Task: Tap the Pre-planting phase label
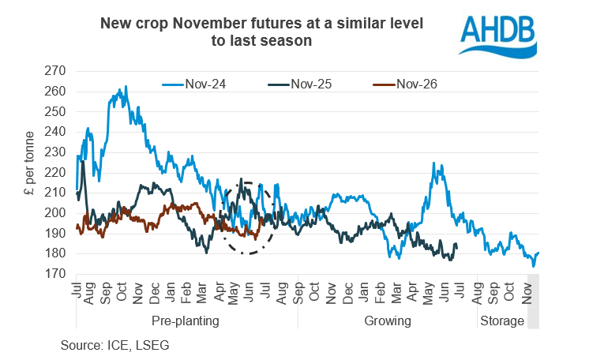[186, 321]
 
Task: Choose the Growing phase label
[388, 321]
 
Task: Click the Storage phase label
[501, 321]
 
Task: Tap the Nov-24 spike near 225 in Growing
[433, 163]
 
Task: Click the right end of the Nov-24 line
[538, 253]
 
